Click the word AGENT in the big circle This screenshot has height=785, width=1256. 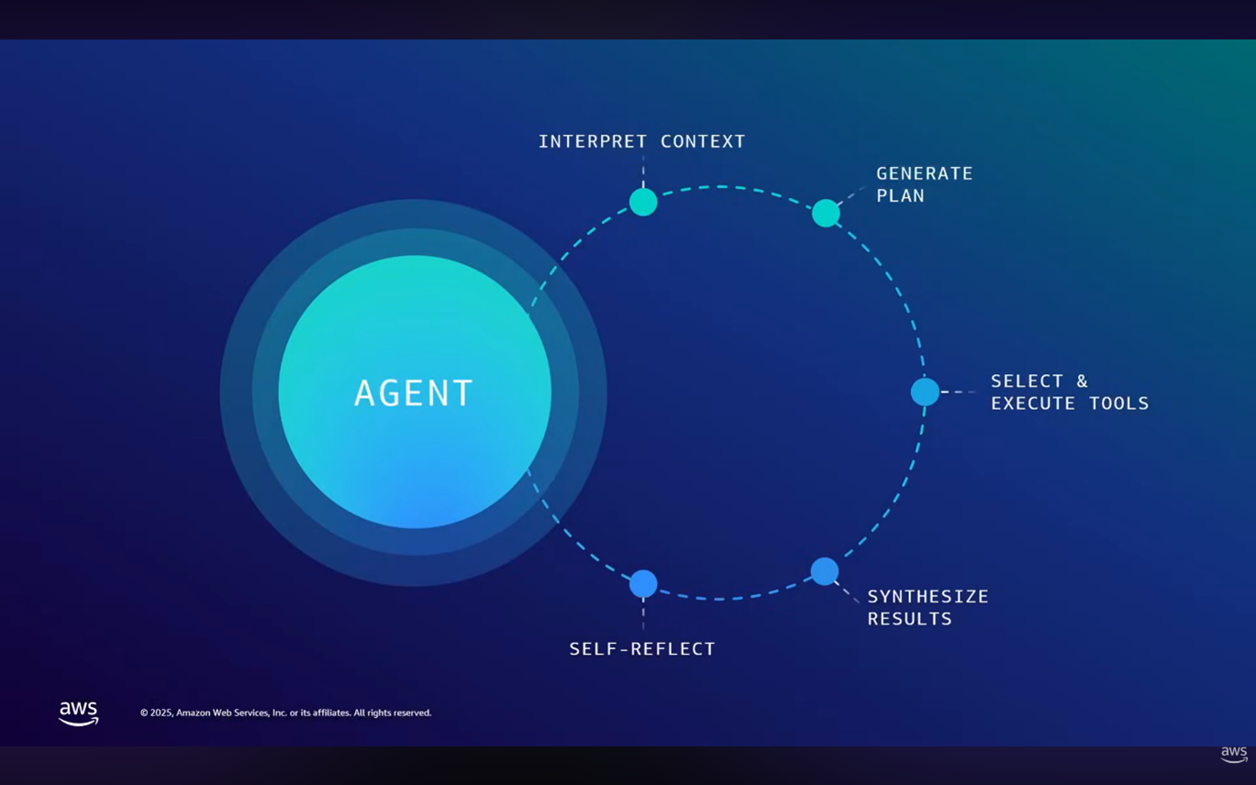[414, 393]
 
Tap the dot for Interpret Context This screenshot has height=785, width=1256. [643, 202]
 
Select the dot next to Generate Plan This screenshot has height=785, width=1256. [826, 213]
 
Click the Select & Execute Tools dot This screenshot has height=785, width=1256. [925, 392]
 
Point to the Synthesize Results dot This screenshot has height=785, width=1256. [825, 571]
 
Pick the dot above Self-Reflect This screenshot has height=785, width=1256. [643, 583]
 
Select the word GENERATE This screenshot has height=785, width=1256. [924, 173]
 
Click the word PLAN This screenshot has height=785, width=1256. [900, 195]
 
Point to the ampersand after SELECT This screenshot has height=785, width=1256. [1082, 381]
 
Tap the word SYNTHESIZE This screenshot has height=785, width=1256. [928, 596]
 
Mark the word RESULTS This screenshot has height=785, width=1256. [909, 619]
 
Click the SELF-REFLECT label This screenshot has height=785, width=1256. [642, 648]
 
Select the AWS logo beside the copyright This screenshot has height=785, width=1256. [79, 713]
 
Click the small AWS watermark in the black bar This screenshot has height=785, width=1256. [1234, 754]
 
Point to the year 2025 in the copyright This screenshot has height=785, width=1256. [161, 713]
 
